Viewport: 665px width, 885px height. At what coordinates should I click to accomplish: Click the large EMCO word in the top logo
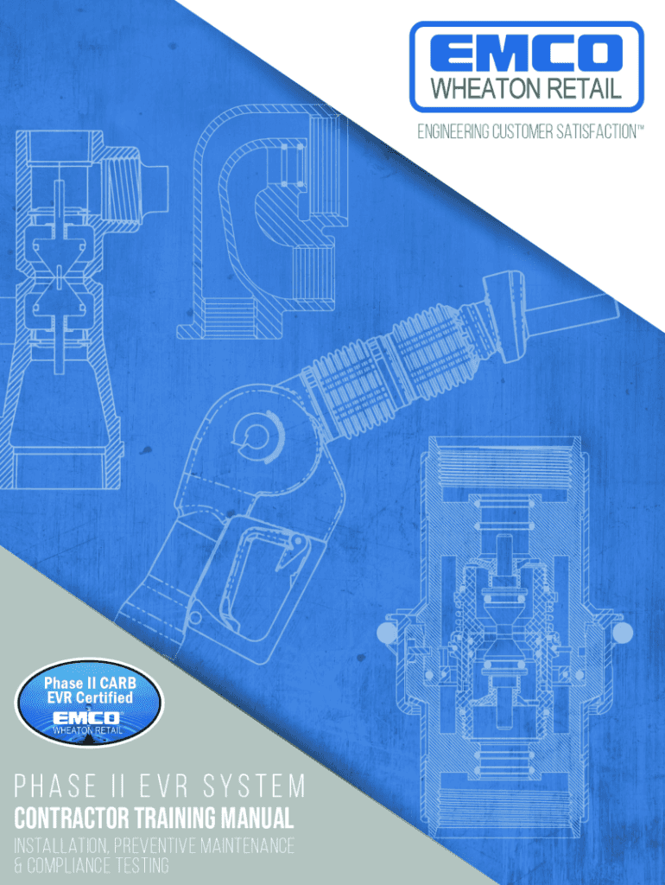(x=526, y=53)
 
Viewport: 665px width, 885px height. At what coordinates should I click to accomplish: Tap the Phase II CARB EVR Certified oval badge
(x=89, y=703)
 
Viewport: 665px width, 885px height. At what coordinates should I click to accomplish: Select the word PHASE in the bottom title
(x=54, y=786)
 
